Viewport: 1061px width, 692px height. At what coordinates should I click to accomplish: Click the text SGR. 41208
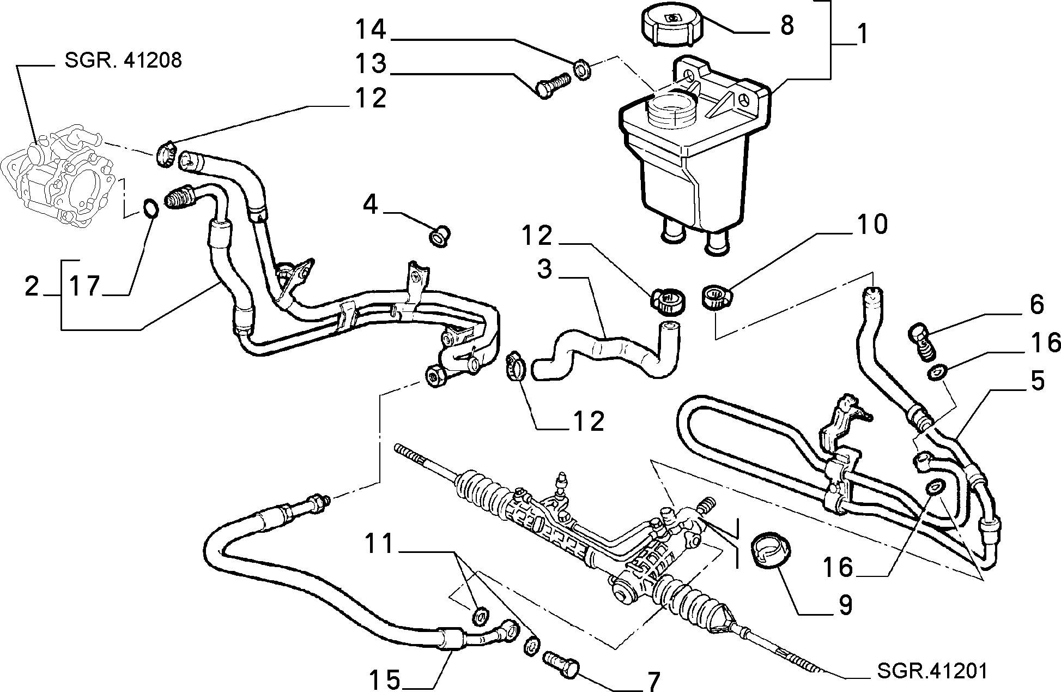(x=123, y=59)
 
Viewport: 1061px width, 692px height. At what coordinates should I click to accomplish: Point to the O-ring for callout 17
(x=150, y=208)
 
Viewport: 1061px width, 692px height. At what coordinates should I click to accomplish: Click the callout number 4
(x=371, y=206)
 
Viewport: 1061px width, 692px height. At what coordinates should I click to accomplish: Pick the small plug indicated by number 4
(x=439, y=238)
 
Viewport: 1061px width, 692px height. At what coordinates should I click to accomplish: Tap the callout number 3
(x=544, y=269)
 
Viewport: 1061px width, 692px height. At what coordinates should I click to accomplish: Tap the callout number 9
(x=844, y=605)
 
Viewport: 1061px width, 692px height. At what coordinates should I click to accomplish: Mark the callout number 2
(x=32, y=286)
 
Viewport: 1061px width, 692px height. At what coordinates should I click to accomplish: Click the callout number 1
(x=862, y=34)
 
